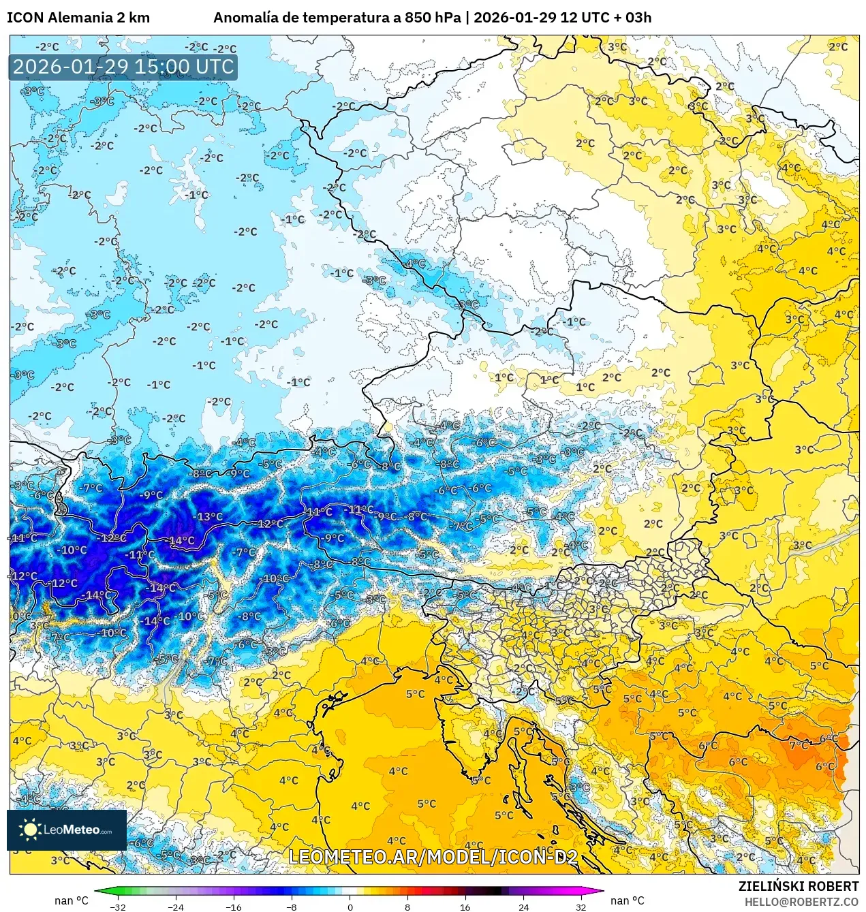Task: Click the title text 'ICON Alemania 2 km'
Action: [x=78, y=18]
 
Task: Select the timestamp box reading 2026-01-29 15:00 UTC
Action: [x=123, y=67]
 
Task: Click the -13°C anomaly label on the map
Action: [x=208, y=517]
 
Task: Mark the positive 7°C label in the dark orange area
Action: [x=798, y=745]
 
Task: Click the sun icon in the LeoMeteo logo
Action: [x=30, y=829]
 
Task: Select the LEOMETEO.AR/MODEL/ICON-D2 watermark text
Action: [x=433, y=857]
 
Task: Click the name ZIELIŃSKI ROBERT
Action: [x=799, y=886]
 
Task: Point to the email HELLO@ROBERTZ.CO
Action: [x=801, y=901]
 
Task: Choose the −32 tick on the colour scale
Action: [x=118, y=907]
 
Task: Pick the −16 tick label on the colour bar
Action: [x=234, y=907]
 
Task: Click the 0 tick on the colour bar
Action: [x=350, y=907]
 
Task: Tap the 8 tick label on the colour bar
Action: [x=407, y=907]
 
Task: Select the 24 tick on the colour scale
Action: [x=523, y=907]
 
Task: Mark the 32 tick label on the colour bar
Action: [x=581, y=907]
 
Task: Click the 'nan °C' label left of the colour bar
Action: [x=72, y=900]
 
